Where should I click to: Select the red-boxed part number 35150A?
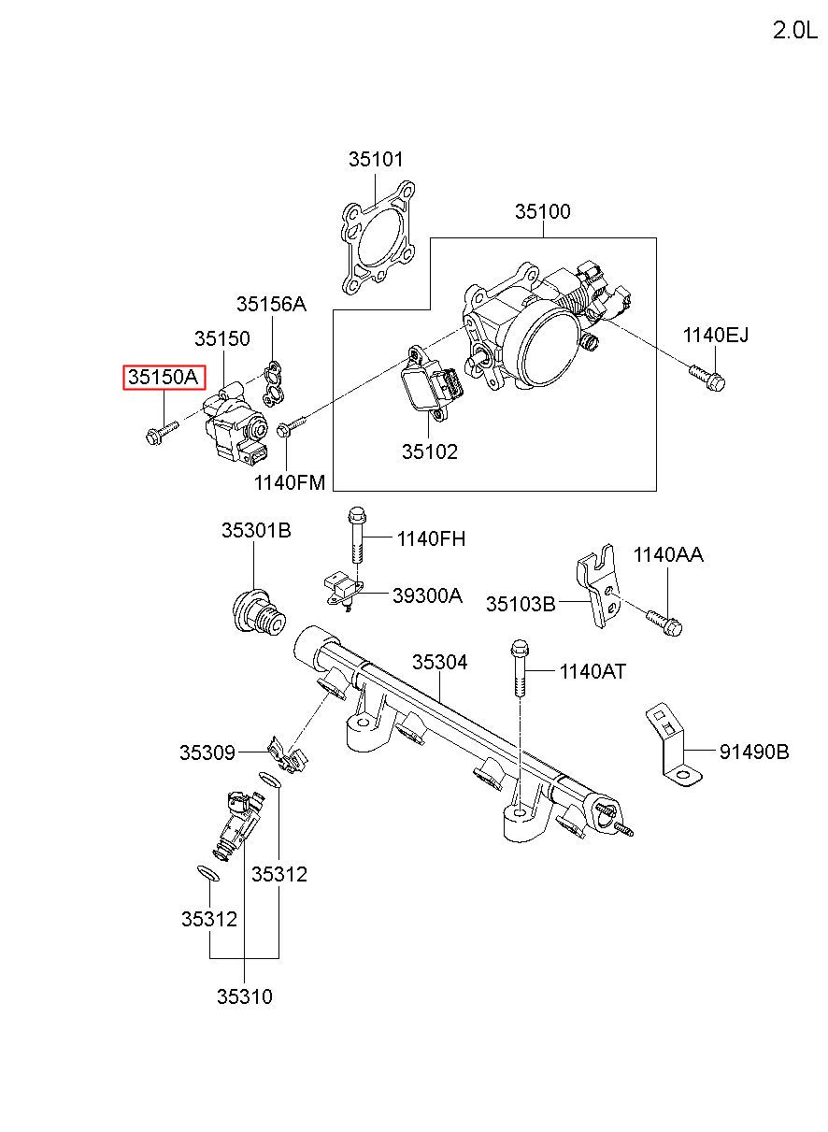[164, 377]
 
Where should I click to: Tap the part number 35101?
[376, 159]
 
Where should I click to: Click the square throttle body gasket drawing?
[378, 237]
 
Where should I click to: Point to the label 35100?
[543, 211]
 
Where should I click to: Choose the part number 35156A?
[271, 304]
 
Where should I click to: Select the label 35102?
[429, 451]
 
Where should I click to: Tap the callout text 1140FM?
[290, 483]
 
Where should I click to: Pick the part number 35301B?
[256, 531]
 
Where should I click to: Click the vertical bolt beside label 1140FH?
[356, 534]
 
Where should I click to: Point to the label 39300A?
[427, 596]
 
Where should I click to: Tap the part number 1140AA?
[668, 555]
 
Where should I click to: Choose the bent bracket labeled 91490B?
[674, 748]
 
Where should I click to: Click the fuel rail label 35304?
[439, 662]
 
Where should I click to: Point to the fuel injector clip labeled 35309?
[287, 755]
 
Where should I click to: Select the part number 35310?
[245, 996]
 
